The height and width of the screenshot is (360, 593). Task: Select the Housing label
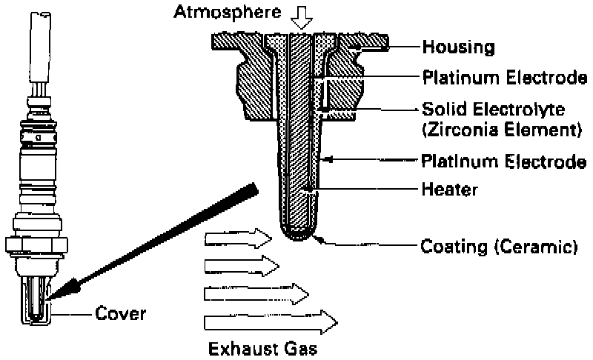[x=457, y=48]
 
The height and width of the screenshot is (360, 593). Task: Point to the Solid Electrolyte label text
[x=494, y=110]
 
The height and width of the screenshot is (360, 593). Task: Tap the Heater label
[x=449, y=190]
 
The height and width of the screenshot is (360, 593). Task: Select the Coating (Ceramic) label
[x=498, y=245]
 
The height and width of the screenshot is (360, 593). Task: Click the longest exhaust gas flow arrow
[x=271, y=321]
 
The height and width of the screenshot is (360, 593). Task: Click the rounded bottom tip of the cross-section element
[x=299, y=237]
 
